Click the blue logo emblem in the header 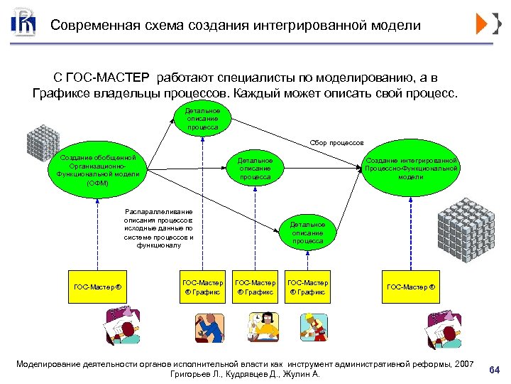(x=23, y=24)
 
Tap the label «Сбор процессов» (x=336, y=143)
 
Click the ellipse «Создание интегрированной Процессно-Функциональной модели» (x=411, y=169)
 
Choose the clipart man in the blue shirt (x=204, y=326)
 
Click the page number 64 (x=495, y=369)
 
